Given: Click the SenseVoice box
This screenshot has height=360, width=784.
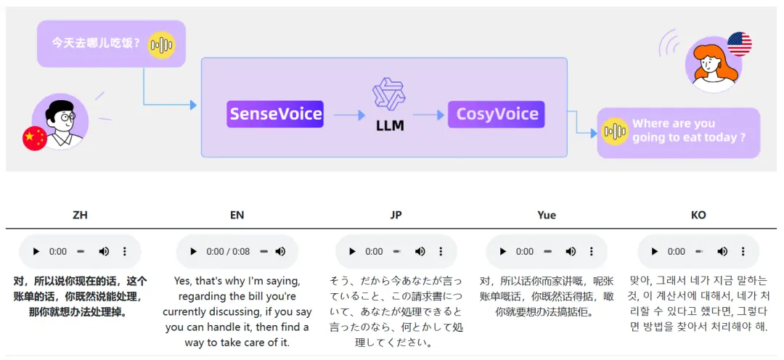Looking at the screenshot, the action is coord(275,114).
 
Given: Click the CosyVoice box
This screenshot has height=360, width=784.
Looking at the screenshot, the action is coord(496,114).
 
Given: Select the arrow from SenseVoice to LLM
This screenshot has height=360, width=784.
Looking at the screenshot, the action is coord(349,115).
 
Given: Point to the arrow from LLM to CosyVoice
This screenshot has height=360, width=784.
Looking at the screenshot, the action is coord(428,115).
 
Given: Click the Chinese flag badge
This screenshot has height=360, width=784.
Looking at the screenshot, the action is coord(35,139).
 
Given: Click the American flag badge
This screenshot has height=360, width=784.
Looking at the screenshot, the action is coord(740,44).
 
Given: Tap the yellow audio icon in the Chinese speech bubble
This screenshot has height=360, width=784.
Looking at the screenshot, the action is coord(161,45).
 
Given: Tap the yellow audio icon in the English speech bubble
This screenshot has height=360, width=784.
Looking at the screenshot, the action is coord(615,131).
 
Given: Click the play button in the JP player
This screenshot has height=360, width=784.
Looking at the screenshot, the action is coord(353,252).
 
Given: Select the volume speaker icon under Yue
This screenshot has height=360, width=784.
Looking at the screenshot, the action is coord(571,252).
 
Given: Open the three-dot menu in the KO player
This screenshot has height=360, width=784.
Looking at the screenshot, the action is coord(743,252).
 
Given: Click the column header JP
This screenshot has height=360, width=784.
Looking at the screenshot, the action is coord(396,215).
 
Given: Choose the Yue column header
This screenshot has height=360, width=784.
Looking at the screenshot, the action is coord(547,215).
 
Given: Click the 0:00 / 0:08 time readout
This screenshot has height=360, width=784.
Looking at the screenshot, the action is coord(228,252).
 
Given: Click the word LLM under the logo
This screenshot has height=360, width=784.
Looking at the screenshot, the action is coord(390,126).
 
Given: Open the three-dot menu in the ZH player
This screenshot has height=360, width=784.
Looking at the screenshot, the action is coord(125,252).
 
